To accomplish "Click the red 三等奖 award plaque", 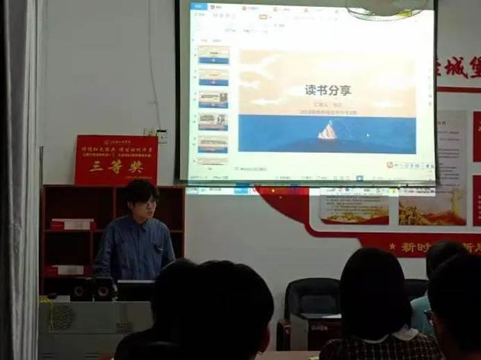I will point(116,161).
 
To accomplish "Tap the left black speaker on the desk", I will point(82,288).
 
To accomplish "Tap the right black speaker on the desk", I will point(105,288).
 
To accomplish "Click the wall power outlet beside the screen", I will point(161,136).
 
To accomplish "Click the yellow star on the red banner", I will point(393,247).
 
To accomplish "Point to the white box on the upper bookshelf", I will point(72,224).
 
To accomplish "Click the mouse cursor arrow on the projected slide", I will point(368,134).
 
